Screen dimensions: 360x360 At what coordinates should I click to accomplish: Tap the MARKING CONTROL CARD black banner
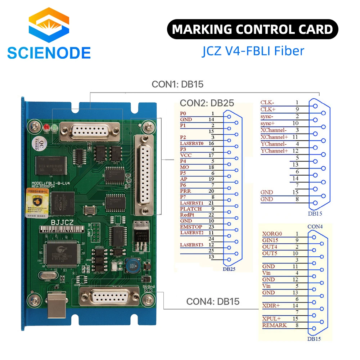[252, 29]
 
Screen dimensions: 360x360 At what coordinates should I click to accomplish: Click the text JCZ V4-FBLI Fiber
[252, 50]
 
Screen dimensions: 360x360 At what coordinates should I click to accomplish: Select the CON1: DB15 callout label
[177, 85]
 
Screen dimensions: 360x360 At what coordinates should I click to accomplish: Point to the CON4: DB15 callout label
[213, 301]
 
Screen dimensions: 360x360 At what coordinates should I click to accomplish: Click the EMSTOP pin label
[191, 227]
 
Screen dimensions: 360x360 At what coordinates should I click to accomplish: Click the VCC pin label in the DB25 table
[186, 155]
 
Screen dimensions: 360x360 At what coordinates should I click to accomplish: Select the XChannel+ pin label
[274, 137]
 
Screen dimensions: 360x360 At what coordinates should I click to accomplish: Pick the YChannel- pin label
[274, 144]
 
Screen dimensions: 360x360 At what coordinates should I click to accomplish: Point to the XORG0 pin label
[272, 234]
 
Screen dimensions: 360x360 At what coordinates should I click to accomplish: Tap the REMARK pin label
[275, 325]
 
